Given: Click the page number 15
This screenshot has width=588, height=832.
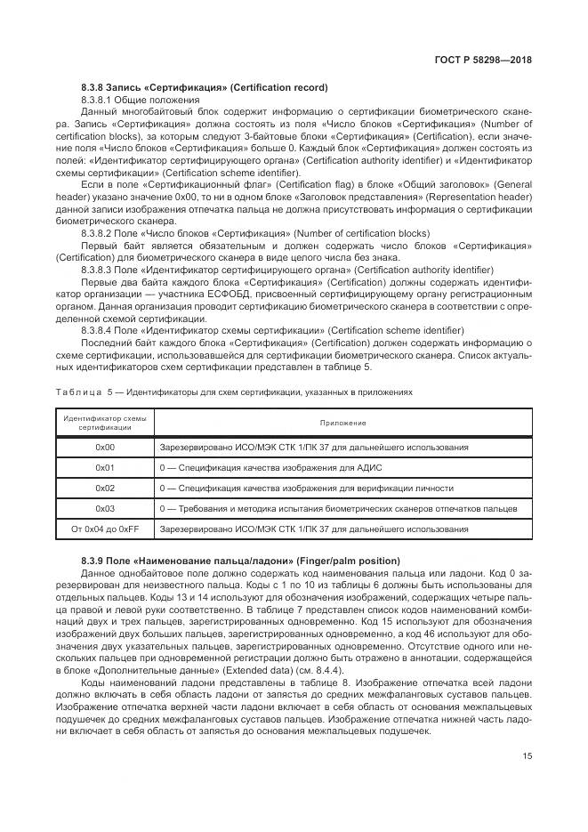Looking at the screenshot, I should pos(528,756).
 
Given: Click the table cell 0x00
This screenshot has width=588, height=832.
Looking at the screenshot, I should pos(105,447).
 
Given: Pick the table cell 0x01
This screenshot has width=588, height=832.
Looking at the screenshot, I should pos(105,467).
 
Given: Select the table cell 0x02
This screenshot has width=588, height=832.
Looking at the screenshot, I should pos(105,489).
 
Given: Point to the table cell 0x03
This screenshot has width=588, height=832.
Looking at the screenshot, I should pos(105,509).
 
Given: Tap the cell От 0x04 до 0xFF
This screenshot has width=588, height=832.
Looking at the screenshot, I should pos(105,529).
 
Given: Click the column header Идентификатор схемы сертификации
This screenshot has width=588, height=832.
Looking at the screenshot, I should pos(105,423).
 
